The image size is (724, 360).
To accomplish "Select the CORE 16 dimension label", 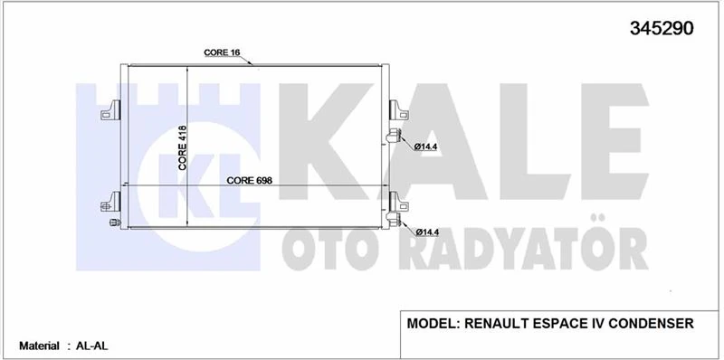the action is coord(222,53).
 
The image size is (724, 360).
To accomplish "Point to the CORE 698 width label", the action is coord(250,179).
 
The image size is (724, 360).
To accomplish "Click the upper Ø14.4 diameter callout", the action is coord(426,147).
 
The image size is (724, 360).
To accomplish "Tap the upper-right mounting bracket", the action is coord(396,109).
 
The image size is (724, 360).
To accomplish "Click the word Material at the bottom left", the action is coord(40,346).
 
